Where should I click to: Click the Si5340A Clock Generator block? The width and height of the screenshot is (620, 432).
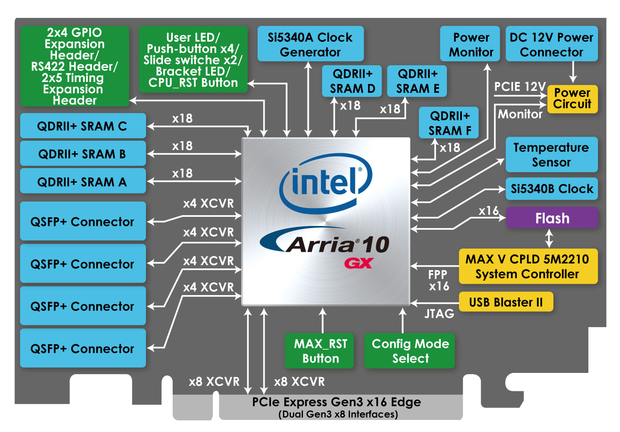(x=310, y=44)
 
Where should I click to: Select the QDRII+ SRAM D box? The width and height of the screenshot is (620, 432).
(x=352, y=81)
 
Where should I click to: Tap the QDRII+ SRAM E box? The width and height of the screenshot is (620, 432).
(x=417, y=81)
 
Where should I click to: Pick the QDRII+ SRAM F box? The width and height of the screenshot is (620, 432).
(x=449, y=123)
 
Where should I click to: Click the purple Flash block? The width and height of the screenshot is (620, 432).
(x=552, y=218)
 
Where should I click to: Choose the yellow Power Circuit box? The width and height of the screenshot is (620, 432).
(x=572, y=99)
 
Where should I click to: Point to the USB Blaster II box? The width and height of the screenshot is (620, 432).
(x=506, y=302)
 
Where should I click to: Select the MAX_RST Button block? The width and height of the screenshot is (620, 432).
(x=320, y=351)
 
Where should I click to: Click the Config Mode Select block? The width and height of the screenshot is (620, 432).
(x=410, y=351)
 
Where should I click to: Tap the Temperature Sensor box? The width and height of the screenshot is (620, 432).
(x=551, y=154)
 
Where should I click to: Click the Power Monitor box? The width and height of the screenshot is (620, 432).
(x=471, y=44)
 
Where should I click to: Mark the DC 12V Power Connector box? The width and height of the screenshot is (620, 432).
(x=551, y=44)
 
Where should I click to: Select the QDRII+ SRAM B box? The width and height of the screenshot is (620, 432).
(x=82, y=154)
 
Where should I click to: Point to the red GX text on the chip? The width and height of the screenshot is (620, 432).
(x=359, y=263)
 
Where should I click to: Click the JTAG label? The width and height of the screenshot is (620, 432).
(x=439, y=314)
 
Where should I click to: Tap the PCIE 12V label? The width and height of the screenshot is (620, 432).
(x=520, y=87)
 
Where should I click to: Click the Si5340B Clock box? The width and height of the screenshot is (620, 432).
(x=551, y=189)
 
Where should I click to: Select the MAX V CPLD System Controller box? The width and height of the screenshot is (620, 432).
(x=528, y=266)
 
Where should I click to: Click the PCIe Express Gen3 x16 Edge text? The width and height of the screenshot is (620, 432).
(x=337, y=402)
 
